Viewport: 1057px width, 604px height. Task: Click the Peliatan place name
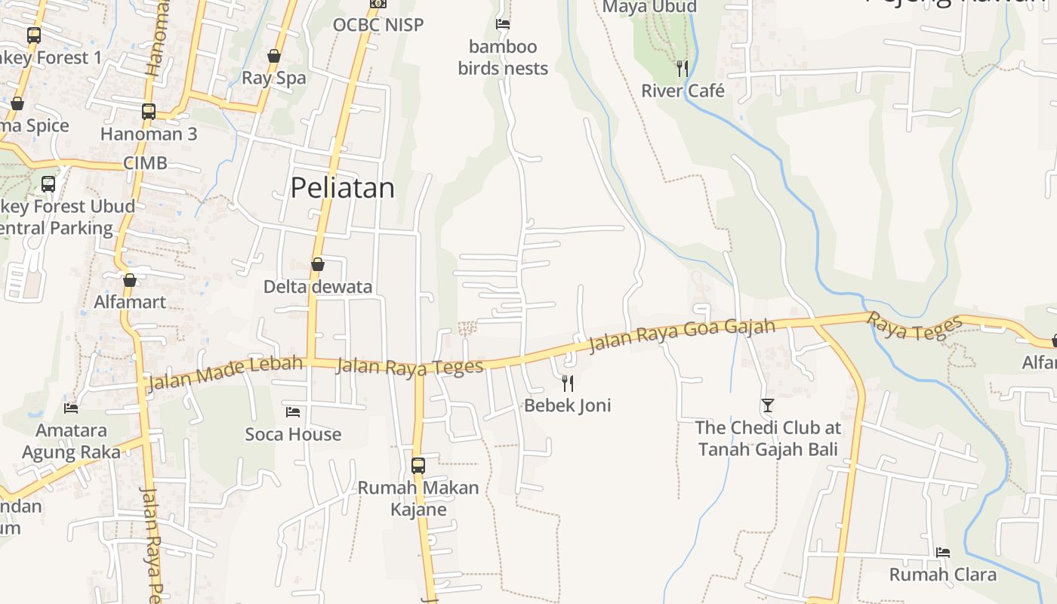[342, 187]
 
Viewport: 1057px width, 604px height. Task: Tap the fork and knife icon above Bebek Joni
[568, 384]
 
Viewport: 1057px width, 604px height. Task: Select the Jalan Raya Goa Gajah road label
[682, 334]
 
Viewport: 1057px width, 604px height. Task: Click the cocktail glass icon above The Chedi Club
[768, 405]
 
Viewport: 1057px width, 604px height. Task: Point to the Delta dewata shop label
[318, 287]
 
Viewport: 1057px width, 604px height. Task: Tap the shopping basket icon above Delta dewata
[318, 264]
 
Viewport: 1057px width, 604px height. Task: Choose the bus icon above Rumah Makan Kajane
[418, 465]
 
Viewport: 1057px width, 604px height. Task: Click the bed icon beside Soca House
[293, 412]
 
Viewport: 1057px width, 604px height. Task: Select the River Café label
[683, 91]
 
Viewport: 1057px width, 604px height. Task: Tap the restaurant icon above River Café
[683, 69]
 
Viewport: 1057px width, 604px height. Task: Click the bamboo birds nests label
[503, 57]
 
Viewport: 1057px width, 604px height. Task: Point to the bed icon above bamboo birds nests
[503, 24]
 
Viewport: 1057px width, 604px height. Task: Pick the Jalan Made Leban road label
[225, 373]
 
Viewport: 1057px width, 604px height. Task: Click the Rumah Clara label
[942, 575]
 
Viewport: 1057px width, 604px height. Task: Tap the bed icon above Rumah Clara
[942, 553]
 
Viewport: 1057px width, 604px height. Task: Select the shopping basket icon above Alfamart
[130, 280]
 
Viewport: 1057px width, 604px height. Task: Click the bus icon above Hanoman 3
[149, 112]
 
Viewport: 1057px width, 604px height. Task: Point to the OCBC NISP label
[378, 25]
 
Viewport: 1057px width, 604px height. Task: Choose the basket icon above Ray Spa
[274, 56]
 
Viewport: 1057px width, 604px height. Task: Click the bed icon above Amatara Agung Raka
[71, 408]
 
